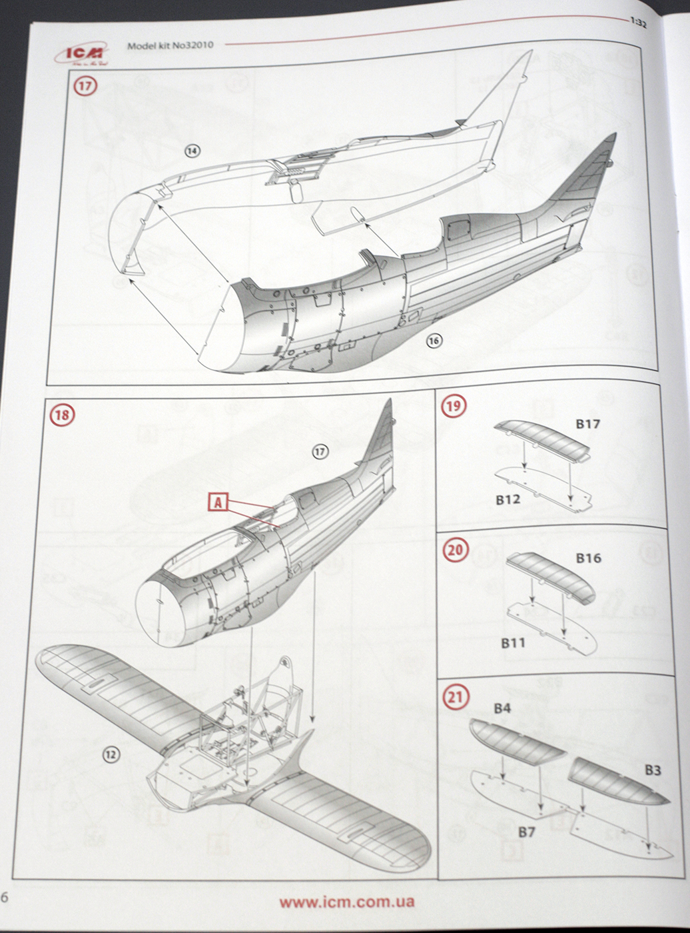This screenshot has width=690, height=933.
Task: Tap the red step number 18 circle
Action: (x=62, y=415)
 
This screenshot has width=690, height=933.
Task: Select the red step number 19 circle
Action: (x=454, y=406)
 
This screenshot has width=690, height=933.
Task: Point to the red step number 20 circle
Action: (x=456, y=550)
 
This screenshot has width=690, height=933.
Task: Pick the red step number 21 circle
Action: (x=456, y=697)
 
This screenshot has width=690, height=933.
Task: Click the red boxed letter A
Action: (x=218, y=502)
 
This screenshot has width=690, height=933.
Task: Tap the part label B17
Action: (x=587, y=424)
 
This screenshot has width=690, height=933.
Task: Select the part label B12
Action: (x=508, y=499)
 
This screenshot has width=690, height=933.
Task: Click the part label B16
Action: (x=588, y=558)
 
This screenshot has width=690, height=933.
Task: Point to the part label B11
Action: (x=513, y=642)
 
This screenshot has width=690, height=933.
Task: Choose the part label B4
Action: (x=502, y=708)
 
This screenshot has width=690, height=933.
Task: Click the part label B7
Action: (x=526, y=832)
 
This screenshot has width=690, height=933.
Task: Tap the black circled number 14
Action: (x=192, y=151)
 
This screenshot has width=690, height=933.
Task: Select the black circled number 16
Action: (x=434, y=341)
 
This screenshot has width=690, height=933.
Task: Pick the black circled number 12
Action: (x=111, y=754)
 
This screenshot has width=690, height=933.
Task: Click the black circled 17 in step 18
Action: (x=320, y=452)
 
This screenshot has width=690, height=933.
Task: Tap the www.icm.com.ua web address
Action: (x=346, y=902)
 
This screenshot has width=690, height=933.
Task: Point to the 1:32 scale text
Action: (x=637, y=22)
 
